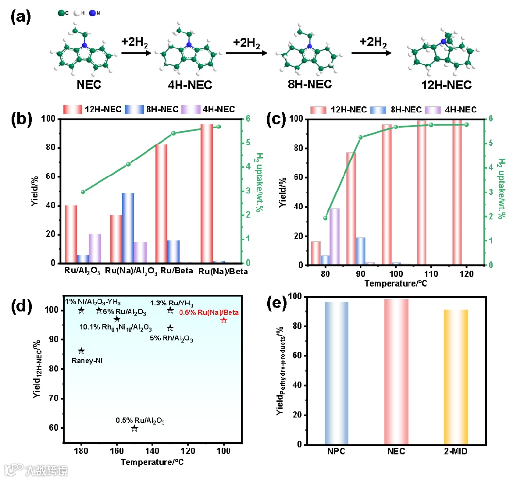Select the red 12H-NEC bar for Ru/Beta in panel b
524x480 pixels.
161,204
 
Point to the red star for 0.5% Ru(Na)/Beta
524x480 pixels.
224,320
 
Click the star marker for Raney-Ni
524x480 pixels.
81,351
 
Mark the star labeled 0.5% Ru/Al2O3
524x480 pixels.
134,428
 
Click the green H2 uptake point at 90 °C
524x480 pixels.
360,137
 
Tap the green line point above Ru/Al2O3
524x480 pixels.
83,192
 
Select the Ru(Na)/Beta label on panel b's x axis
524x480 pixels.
225,272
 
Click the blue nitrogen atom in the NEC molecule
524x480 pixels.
84,45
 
